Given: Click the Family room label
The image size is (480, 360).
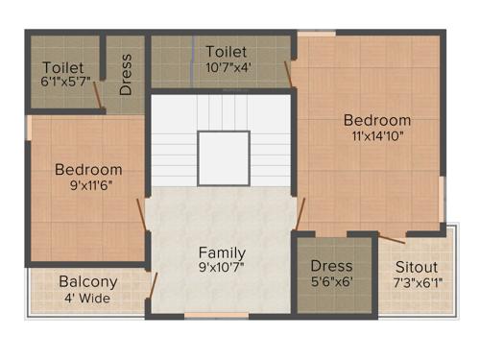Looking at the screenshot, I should coord(222,252).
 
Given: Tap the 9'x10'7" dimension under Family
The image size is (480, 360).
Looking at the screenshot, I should coord(222,268).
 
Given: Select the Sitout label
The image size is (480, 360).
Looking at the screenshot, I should coord(416,266).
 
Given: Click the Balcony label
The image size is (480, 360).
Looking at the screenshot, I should coord(88,282).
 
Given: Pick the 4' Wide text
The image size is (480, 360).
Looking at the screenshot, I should coord(88,298).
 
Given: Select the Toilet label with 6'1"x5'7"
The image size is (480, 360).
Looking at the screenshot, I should coord(63,68).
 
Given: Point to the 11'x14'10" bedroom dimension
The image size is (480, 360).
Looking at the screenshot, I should coord(377,136).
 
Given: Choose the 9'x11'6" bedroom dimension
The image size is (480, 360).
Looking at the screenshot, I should coord(88,185).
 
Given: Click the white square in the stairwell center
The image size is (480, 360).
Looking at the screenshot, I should coord(223,157).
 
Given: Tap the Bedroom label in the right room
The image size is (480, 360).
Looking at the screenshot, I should coord(377,121).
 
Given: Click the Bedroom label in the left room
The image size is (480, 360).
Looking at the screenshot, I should coord(88,170).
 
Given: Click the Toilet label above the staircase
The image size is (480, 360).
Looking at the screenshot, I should coord(227,51).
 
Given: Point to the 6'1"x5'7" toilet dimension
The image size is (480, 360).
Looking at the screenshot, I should coord(63,84).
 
